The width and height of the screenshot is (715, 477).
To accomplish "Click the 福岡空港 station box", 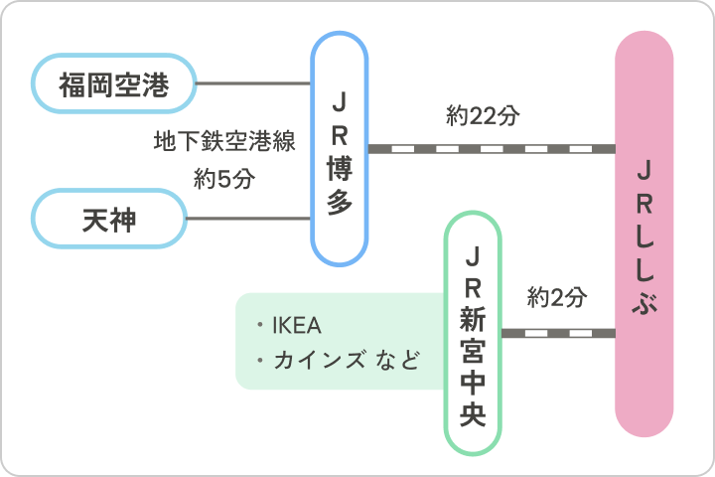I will [x=113, y=83].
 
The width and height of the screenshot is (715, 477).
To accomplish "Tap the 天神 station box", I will [x=109, y=219].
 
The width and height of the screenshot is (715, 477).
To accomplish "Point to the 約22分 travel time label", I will [x=483, y=116].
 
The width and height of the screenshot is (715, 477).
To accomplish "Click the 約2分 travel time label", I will [x=557, y=296].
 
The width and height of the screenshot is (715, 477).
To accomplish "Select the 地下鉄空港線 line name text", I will [x=224, y=141].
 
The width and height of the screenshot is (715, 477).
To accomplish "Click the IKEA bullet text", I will [x=297, y=326].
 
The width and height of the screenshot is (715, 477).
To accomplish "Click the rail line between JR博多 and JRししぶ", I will [x=491, y=149].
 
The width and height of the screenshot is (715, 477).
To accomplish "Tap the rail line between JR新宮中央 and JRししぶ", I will [x=557, y=333].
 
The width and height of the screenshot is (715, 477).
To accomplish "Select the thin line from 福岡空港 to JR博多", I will [x=253, y=83].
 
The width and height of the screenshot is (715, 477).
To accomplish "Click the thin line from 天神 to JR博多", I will [x=248, y=219].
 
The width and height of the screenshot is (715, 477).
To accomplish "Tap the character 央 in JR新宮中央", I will [x=473, y=410].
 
